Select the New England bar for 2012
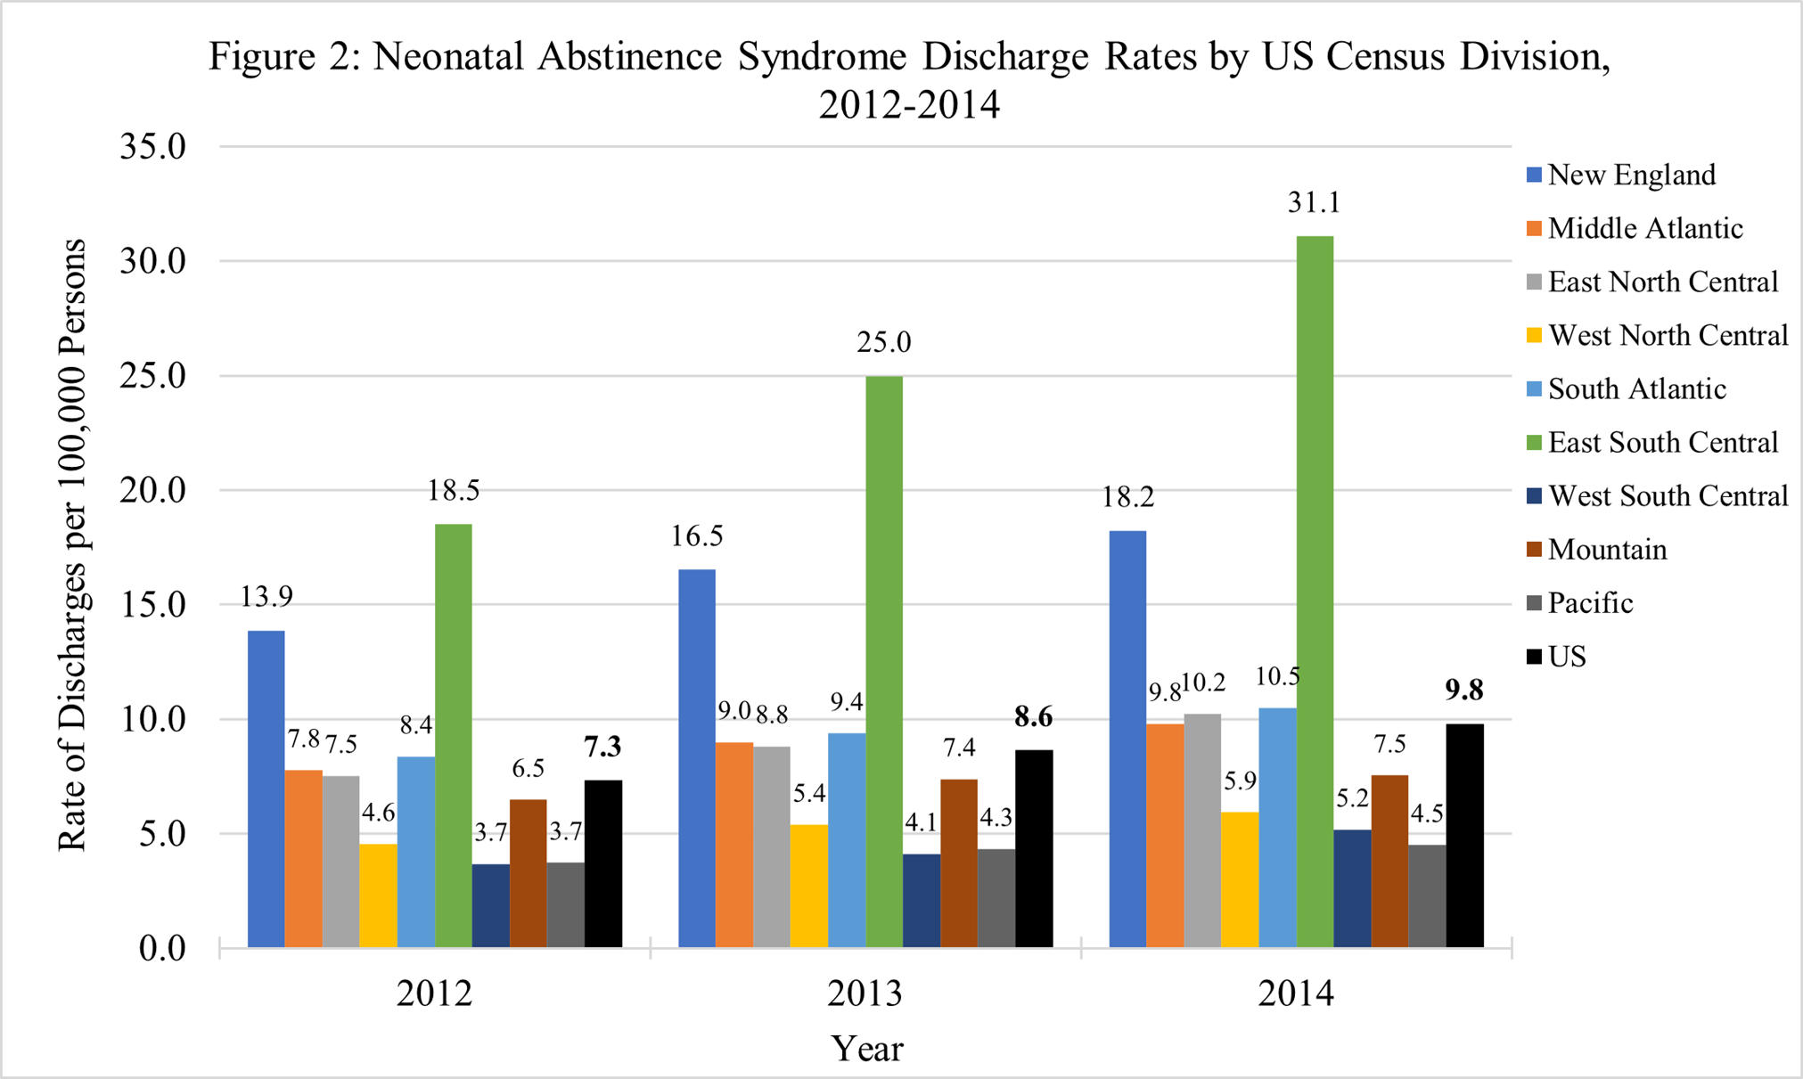pos(266,789)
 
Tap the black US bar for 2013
pos(1034,848)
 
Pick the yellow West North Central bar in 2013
pos(808,886)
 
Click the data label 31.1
pos(1314,204)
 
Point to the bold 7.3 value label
pos(602,748)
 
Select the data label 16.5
pos(698,536)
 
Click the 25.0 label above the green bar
pos(883,343)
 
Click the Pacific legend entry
pos(1590,603)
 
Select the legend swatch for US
pos(1534,658)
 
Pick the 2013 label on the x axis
pos(865,993)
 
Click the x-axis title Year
pos(866,1049)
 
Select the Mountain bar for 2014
pos(1389,861)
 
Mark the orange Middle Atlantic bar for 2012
pos(303,858)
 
